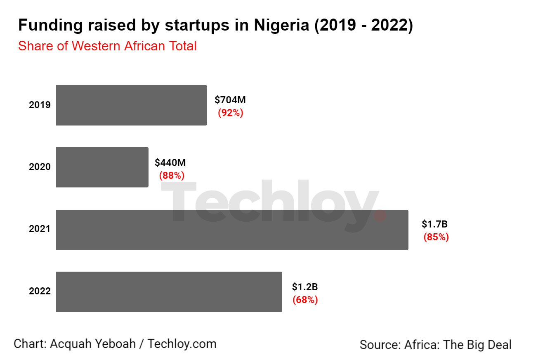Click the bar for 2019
click(131, 105)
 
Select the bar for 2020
click(102, 167)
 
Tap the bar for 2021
click(232, 230)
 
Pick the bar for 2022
click(169, 291)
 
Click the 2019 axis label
click(40, 105)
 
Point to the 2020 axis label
click(40, 167)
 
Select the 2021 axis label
click(40, 229)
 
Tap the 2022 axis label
click(40, 291)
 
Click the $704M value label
click(230, 100)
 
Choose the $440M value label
click(170, 162)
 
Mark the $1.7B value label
click(434, 225)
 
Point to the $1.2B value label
click(304, 287)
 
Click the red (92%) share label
click(231, 113)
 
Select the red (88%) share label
click(172, 175)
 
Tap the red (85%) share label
click(436, 237)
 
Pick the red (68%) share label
click(305, 300)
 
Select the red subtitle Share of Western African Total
click(107, 46)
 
